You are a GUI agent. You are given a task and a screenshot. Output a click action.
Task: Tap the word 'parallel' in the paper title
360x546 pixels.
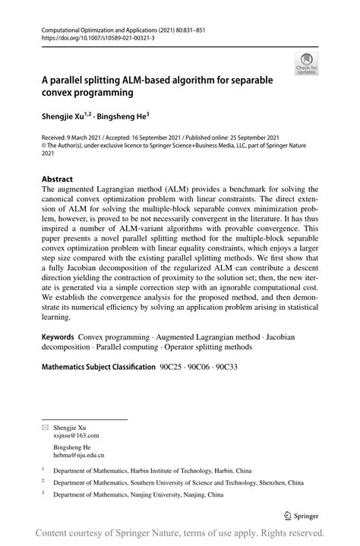[x=74, y=79]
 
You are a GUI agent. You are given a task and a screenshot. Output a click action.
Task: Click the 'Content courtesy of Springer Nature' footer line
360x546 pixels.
[x=180, y=533]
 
